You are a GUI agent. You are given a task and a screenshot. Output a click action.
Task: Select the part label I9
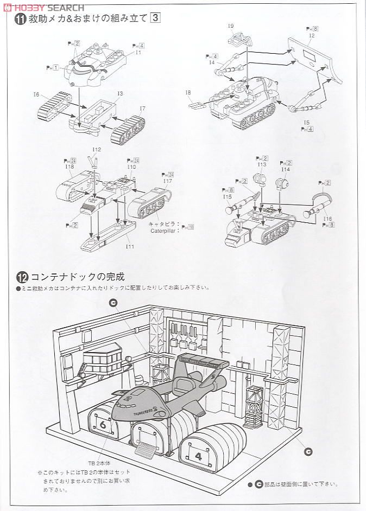coord(231,26)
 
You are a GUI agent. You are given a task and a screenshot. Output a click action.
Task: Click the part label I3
coord(119,93)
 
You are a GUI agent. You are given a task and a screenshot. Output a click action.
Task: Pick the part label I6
coord(142,108)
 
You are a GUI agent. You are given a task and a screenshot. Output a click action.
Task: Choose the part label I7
coord(188,92)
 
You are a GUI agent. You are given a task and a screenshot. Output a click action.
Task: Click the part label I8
coord(262,164)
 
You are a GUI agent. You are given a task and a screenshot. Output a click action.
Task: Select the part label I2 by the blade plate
coord(311,35)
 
